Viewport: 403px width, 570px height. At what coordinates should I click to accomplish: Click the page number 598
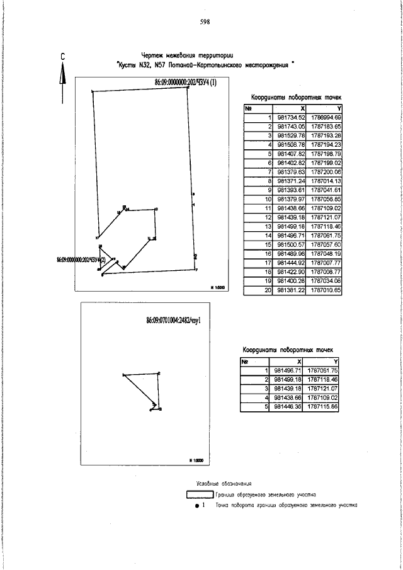(x=204, y=21)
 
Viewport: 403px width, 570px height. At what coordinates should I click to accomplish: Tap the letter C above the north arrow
(x=64, y=56)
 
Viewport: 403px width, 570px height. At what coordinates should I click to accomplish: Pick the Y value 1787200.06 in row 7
(x=326, y=171)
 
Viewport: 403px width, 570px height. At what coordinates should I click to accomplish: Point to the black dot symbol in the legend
(x=197, y=506)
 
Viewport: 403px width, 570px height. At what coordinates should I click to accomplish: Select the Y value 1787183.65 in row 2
(x=326, y=126)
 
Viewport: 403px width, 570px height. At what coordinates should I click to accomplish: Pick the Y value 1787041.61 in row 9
(x=326, y=190)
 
